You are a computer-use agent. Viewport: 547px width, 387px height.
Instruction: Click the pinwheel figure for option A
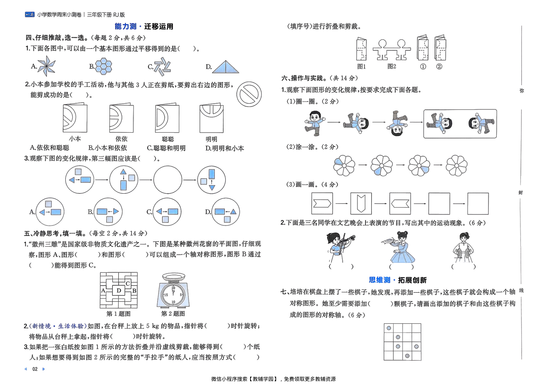coord(46,66)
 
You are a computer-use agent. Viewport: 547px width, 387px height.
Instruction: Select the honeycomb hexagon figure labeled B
coord(104,66)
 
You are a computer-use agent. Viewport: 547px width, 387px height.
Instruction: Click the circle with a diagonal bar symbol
coord(249,94)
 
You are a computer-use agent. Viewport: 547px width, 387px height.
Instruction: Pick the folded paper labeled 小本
coord(75,118)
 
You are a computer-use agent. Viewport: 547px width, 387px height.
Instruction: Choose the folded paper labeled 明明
coord(211,118)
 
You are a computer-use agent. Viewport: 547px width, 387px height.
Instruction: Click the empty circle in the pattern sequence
coord(168,180)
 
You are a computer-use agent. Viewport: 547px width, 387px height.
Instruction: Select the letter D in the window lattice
coord(119,290)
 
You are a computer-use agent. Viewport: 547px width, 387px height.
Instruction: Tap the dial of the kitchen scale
coord(173,295)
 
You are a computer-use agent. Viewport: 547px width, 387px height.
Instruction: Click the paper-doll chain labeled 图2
coord(392,50)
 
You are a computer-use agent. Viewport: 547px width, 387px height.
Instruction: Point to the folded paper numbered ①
coord(423,48)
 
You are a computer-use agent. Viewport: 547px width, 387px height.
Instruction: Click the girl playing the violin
coord(340,247)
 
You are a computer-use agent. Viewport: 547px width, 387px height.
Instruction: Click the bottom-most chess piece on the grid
coord(407,356)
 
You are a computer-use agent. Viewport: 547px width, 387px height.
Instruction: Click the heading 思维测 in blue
coord(379,280)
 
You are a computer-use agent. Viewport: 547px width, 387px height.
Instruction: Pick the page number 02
coord(35,369)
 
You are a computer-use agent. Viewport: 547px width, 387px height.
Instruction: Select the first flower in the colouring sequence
coord(344,165)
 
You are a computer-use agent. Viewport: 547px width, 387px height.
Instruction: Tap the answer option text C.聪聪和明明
coord(166,148)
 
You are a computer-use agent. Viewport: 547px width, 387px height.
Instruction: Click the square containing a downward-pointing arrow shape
coord(361,203)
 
